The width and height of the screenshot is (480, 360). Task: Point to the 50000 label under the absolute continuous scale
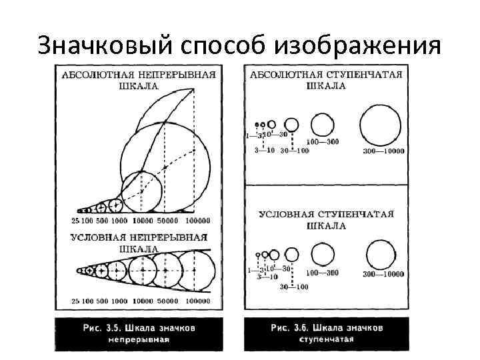tap(168, 221)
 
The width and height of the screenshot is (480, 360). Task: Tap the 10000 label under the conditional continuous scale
tap(142, 301)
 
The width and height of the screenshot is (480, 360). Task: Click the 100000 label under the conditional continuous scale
tap(197, 301)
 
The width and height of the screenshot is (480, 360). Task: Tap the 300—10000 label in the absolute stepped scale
tap(381, 152)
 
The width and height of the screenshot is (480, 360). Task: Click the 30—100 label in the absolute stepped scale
tap(294, 151)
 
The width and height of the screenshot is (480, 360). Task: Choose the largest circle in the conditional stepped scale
tap(381, 255)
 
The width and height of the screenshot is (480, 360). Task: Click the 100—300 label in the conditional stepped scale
tap(323, 273)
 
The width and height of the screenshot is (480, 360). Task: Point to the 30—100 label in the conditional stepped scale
tap(293, 287)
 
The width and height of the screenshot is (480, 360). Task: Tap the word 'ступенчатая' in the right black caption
tap(326, 339)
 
